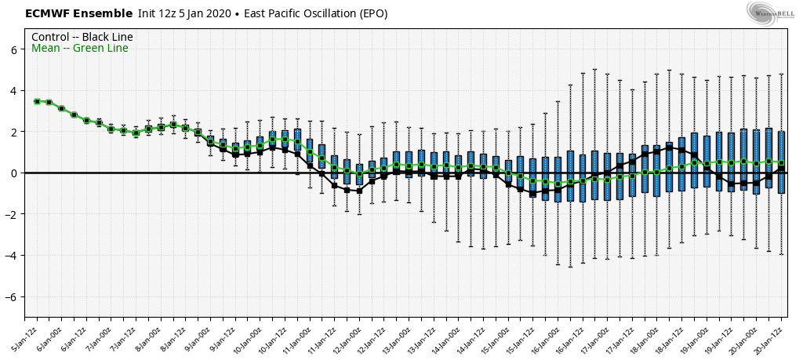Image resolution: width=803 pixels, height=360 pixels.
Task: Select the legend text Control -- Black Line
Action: point(82,37)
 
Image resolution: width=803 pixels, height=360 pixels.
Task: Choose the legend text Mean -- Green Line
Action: point(79,49)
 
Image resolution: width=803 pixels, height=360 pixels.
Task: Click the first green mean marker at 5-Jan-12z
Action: point(37,101)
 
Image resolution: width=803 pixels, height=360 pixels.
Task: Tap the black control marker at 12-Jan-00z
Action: point(359,191)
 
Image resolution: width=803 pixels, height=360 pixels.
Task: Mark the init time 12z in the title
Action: point(166,13)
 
